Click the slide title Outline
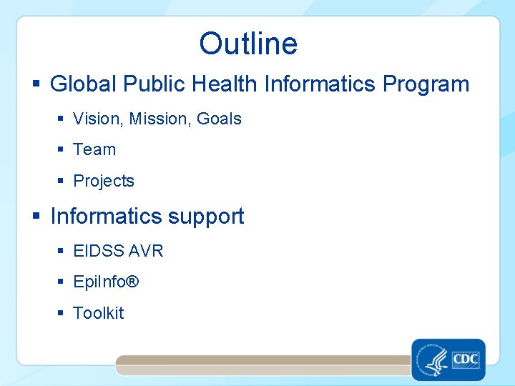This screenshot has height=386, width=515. pos(248,44)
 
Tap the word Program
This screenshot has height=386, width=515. pos(426,84)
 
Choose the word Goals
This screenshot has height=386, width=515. pos(219,119)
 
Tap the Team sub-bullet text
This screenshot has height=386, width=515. pos(94,149)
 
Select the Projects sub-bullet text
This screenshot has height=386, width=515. pos(104,181)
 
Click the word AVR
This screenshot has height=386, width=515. pos(147,251)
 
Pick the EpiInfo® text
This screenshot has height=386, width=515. pos(106,282)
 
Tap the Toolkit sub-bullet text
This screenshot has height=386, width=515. pos(99,313)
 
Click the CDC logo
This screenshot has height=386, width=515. pos(466,359)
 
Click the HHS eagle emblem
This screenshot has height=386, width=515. pos(431,359)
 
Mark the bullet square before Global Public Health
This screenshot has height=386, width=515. pos(36,85)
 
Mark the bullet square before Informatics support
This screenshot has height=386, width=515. pos(36,217)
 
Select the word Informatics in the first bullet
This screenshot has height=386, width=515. pos(320,84)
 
